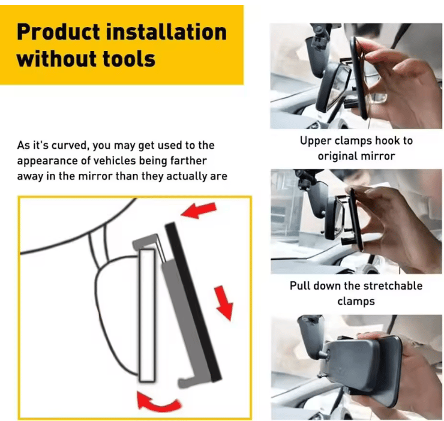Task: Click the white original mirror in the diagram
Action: click(146, 315)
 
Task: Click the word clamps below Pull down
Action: click(356, 300)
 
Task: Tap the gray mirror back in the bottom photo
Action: click(354, 366)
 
